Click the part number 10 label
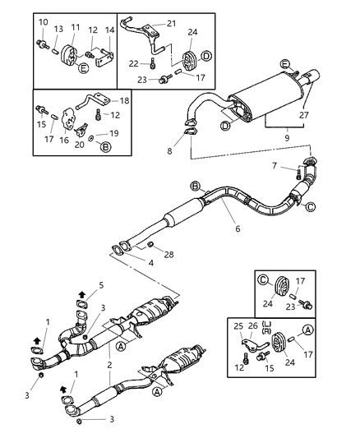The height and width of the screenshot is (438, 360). [42, 22]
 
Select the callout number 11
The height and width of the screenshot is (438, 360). [76, 27]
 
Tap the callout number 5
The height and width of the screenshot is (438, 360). [102, 284]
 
